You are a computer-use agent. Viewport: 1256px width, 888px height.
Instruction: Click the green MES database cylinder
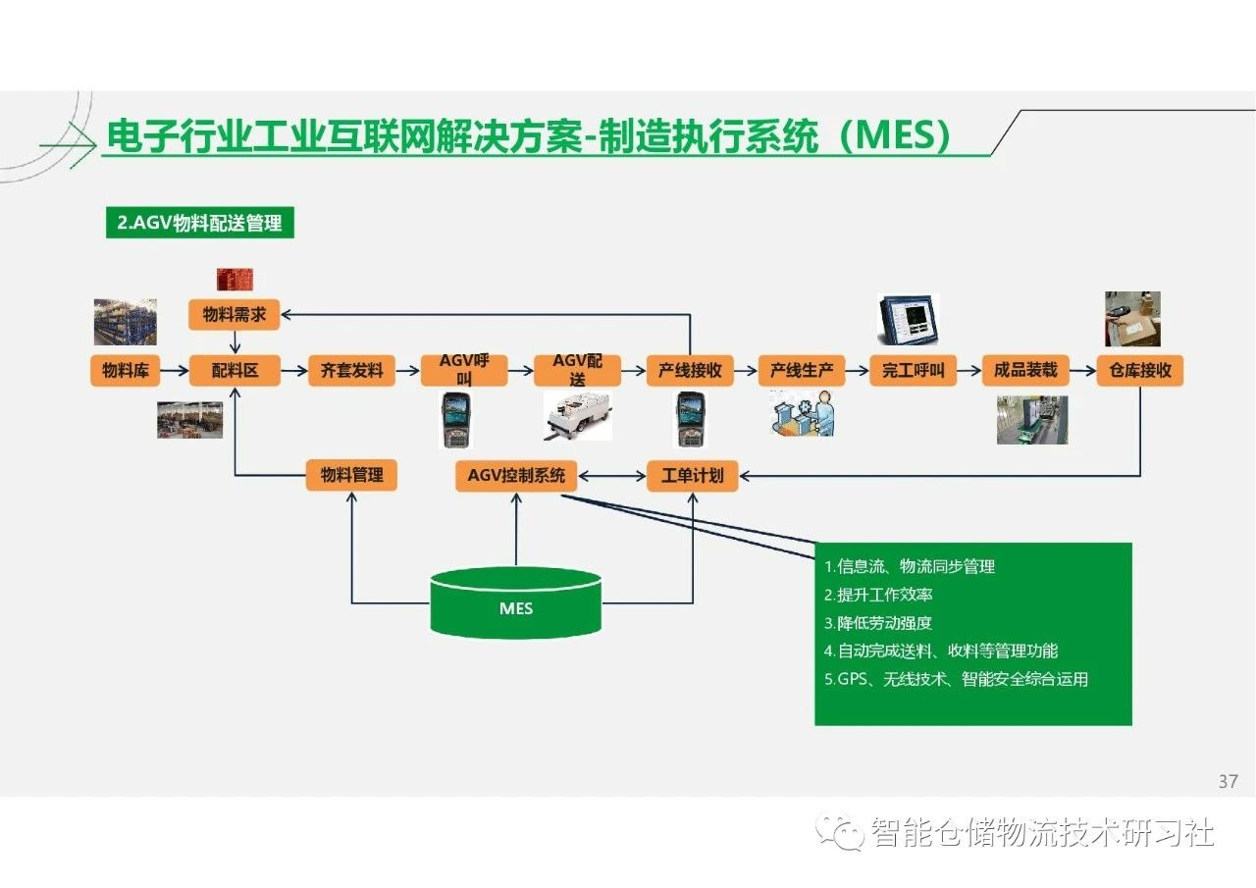(x=516, y=602)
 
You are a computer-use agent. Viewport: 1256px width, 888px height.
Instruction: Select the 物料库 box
(x=125, y=370)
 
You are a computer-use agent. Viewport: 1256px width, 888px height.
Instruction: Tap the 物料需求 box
(x=235, y=315)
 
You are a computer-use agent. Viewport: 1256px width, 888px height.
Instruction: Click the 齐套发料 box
(x=351, y=370)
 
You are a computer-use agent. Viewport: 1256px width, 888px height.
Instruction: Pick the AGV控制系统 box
(x=516, y=475)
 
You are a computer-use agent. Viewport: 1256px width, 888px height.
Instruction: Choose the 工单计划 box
(x=693, y=475)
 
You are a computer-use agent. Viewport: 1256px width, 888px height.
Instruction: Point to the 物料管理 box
(x=351, y=475)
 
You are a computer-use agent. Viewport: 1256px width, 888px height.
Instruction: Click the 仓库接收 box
(x=1140, y=370)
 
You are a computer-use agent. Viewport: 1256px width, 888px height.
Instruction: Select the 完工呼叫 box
(x=914, y=370)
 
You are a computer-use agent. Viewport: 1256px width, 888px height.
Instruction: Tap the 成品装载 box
(x=1025, y=370)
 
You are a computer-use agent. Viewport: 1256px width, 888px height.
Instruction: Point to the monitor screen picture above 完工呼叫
(x=909, y=319)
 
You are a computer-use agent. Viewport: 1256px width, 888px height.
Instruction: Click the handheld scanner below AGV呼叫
(x=456, y=419)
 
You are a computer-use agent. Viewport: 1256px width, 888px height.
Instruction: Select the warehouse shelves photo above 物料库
(x=125, y=322)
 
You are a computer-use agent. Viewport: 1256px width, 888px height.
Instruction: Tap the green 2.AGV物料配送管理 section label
(x=200, y=223)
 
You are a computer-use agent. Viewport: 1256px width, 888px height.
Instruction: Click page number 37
(x=1228, y=781)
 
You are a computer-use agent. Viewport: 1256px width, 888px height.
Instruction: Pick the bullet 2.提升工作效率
(x=878, y=595)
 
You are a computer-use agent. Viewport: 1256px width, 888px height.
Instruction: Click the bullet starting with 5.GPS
(x=956, y=679)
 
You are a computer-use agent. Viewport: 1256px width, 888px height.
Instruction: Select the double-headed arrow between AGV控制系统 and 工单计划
(x=611, y=476)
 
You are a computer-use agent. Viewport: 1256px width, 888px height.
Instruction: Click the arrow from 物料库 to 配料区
(x=175, y=370)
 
